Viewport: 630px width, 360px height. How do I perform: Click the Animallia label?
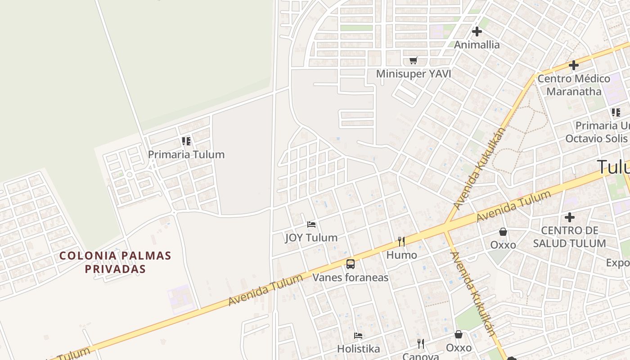pyautogui.click(x=477, y=45)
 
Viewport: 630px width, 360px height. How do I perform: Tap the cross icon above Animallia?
pyautogui.click(x=477, y=31)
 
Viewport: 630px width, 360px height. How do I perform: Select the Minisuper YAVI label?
pyautogui.click(x=414, y=74)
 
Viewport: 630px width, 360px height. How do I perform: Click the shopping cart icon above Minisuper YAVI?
pyautogui.click(x=414, y=61)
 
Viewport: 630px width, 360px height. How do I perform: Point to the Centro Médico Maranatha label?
pyautogui.click(x=574, y=85)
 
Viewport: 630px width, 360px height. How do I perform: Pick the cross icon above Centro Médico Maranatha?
pyautogui.click(x=574, y=65)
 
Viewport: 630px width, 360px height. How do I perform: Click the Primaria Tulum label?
pyautogui.click(x=186, y=154)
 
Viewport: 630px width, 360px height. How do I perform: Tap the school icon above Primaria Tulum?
pyautogui.click(x=186, y=141)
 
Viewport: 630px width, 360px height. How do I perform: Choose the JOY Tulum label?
pyautogui.click(x=311, y=238)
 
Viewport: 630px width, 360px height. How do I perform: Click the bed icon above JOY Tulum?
pyautogui.click(x=311, y=224)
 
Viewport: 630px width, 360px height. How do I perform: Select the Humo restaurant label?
pyautogui.click(x=401, y=255)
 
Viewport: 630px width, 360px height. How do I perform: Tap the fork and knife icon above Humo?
pyautogui.click(x=401, y=242)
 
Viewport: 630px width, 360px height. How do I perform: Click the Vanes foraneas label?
pyautogui.click(x=351, y=277)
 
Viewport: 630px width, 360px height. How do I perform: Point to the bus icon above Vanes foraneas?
pyautogui.click(x=351, y=264)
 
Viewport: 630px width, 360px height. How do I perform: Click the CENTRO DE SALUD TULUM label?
pyautogui.click(x=569, y=237)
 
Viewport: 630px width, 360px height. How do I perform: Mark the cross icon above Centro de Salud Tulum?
pyautogui.click(x=570, y=218)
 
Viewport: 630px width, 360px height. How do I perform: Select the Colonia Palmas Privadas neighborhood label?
pyautogui.click(x=116, y=262)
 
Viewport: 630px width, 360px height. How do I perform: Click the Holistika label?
pyautogui.click(x=358, y=349)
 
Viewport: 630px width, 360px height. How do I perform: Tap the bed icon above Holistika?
pyautogui.click(x=358, y=336)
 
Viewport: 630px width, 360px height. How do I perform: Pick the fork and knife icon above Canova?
pyautogui.click(x=421, y=344)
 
